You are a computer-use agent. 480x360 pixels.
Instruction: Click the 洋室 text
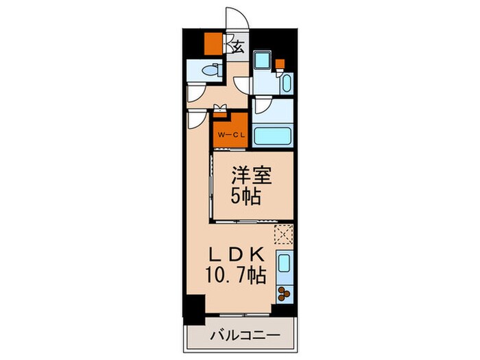coord(254,176)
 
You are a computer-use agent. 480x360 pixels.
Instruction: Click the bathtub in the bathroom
coord(272,134)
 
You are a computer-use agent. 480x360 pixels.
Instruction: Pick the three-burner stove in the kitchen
coord(285,293)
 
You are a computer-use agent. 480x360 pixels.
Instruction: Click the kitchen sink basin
coord(285,262)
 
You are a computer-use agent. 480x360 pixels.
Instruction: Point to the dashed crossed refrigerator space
coord(284,234)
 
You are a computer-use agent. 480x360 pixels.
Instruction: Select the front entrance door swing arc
coord(237,19)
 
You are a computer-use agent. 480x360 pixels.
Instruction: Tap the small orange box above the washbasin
coord(280,65)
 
